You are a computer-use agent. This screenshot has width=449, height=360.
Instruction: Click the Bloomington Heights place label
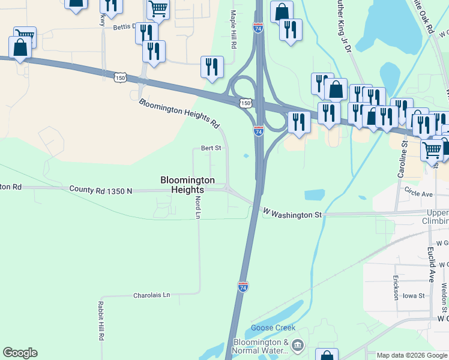click(x=187, y=184)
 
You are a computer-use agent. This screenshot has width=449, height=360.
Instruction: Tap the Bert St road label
click(x=211, y=148)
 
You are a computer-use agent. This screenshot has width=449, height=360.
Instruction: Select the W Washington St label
click(x=293, y=214)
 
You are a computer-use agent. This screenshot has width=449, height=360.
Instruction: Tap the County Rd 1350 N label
click(x=100, y=190)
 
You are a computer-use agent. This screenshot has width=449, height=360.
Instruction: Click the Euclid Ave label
click(x=431, y=263)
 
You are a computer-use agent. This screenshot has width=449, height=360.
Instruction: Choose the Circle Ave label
click(x=418, y=194)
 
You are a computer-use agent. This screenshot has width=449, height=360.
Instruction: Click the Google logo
click(x=20, y=353)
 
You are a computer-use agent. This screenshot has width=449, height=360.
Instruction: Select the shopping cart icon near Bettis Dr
click(x=158, y=8)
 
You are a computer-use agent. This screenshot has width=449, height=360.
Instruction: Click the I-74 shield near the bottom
click(x=243, y=287)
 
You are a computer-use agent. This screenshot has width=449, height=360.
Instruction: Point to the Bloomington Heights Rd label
click(x=178, y=113)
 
